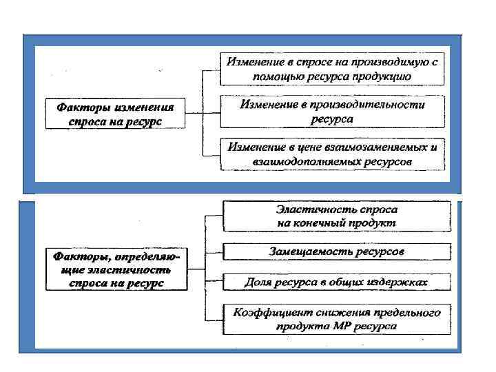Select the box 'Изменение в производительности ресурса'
[x=332, y=111]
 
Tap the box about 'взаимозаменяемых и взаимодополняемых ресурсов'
[x=332, y=154]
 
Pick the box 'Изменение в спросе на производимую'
[x=332, y=68]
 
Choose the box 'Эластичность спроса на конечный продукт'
[x=337, y=216]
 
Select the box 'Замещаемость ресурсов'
[x=337, y=251]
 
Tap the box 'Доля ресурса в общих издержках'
[x=337, y=282]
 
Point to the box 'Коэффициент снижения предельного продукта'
[x=337, y=319]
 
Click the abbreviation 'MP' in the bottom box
[x=349, y=326]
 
